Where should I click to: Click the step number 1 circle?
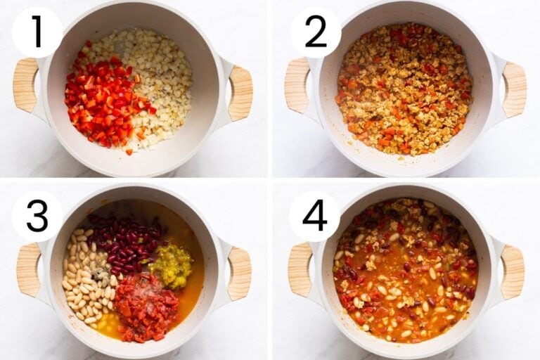pyautogui.click(x=37, y=32)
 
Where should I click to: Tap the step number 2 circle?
pyautogui.click(x=315, y=32)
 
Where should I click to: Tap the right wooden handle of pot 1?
pyautogui.click(x=240, y=92)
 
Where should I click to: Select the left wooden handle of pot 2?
pyautogui.click(x=297, y=86)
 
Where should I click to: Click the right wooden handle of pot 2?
pyautogui.click(x=514, y=89)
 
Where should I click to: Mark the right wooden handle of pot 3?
pyautogui.click(x=239, y=274)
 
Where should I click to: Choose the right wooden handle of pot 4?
pyautogui.click(x=512, y=272)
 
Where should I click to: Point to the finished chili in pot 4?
pyautogui.click(x=404, y=271)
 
